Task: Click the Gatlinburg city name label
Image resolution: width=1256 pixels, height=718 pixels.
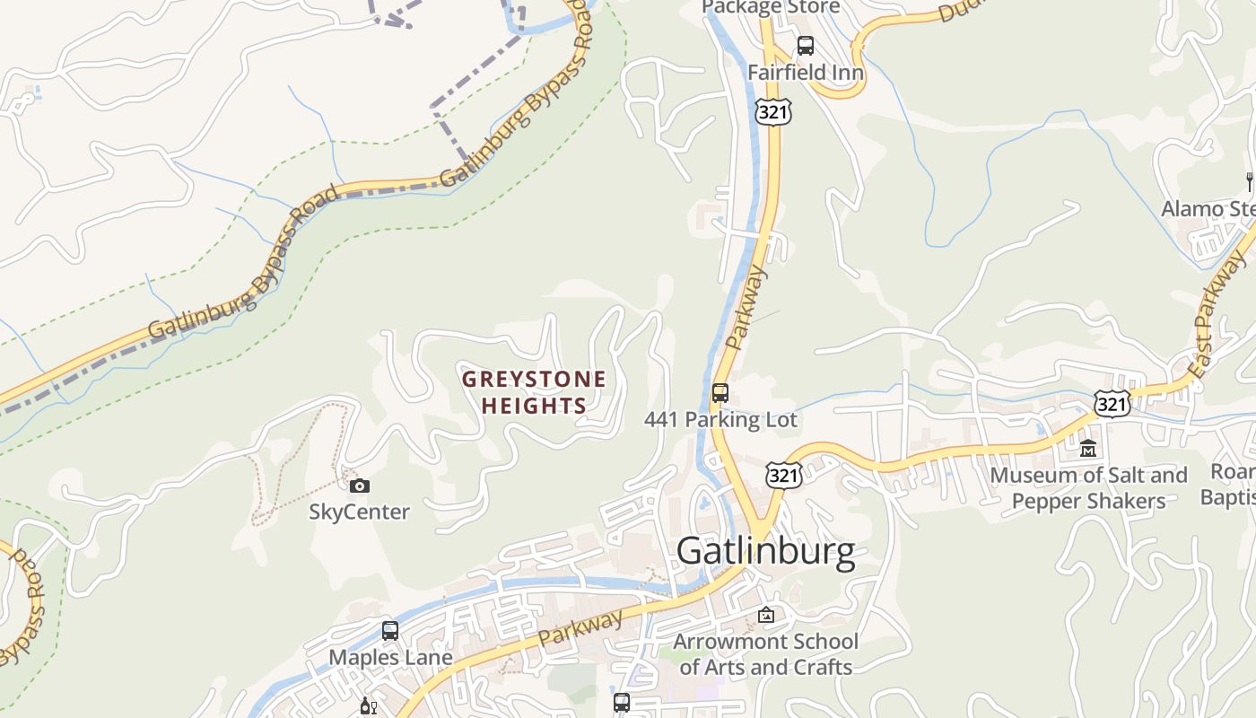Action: (x=765, y=551)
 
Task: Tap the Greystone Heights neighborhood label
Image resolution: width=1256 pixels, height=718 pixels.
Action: (x=534, y=392)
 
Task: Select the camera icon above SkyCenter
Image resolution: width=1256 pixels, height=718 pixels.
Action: (x=359, y=486)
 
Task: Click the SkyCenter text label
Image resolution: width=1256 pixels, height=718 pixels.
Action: (x=359, y=512)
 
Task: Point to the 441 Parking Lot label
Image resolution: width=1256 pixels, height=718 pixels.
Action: (x=720, y=419)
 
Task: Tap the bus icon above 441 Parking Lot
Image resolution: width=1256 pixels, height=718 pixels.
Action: (x=720, y=393)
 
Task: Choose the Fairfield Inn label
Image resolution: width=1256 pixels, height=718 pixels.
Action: (x=806, y=72)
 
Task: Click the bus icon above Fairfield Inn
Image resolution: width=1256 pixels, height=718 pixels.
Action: (x=806, y=46)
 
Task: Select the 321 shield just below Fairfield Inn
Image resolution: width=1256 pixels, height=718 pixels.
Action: (x=772, y=112)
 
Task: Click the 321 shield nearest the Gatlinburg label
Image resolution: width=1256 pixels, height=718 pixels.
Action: (x=783, y=476)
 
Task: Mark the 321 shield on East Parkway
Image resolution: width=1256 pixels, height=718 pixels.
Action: (x=1111, y=404)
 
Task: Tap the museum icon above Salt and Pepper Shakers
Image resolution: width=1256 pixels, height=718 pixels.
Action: (x=1088, y=448)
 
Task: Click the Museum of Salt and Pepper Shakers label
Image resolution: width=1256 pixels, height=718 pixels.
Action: (x=1088, y=487)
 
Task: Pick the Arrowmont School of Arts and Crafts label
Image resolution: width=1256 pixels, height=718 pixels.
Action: (x=765, y=653)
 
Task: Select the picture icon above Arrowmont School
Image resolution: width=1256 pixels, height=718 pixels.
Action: (x=765, y=615)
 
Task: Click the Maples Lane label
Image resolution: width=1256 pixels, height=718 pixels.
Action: (x=390, y=657)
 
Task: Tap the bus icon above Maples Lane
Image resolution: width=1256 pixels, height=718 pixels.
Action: (x=390, y=631)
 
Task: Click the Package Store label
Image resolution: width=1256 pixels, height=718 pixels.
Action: (x=770, y=7)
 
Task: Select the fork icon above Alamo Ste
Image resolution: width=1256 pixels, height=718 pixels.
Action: (x=1249, y=182)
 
